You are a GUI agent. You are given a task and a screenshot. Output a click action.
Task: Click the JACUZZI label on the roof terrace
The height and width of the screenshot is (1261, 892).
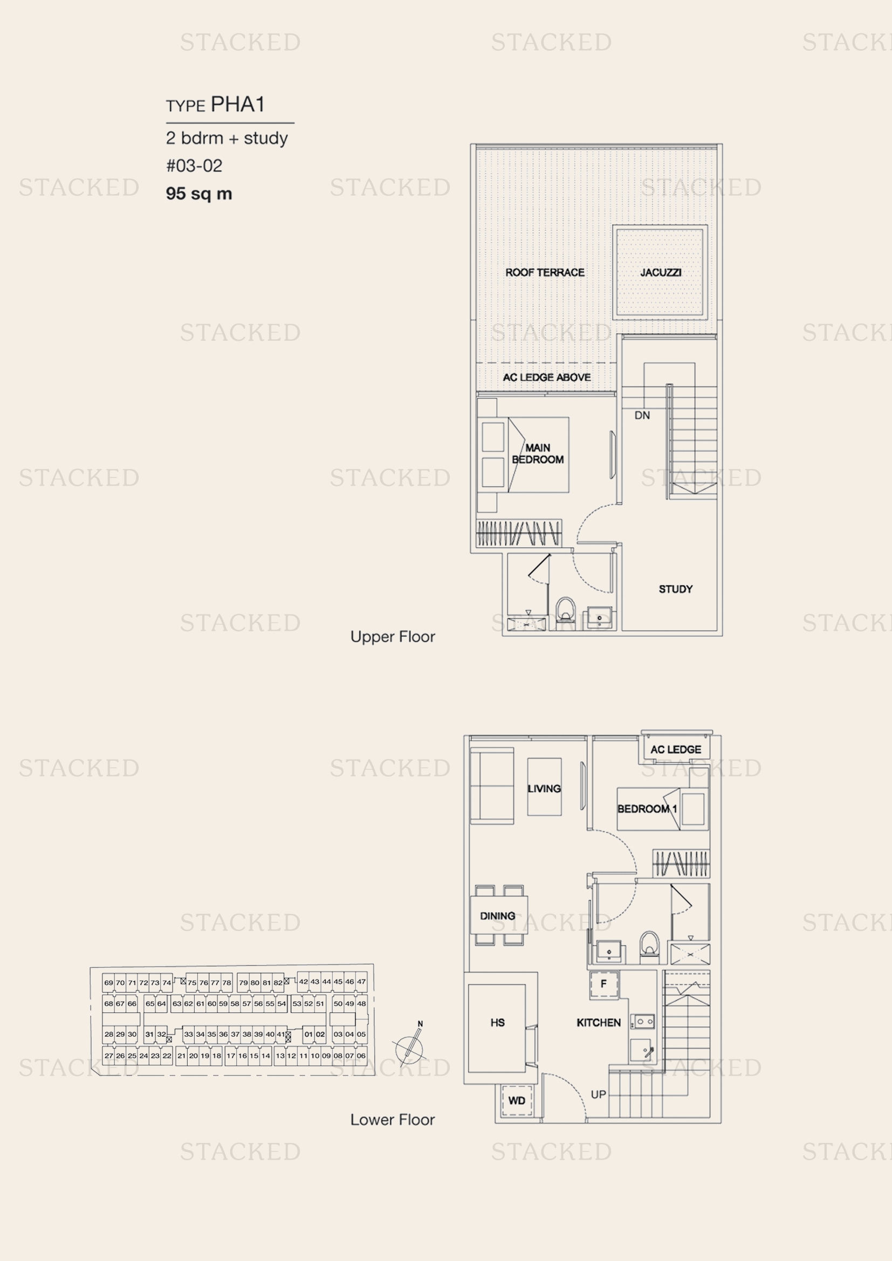click(661, 272)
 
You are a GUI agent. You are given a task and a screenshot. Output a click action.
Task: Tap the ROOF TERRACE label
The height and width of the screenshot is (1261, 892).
click(545, 272)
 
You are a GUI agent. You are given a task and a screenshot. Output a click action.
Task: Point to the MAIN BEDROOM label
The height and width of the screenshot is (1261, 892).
click(538, 453)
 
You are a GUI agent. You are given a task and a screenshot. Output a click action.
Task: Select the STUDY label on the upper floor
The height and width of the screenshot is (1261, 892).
click(676, 589)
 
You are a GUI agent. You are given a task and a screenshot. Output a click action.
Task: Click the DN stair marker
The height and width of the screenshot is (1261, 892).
click(642, 415)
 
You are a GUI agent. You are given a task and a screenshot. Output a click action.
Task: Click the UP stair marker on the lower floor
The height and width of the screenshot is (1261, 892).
click(598, 1094)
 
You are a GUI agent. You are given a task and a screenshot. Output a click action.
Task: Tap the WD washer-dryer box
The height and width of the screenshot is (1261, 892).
click(517, 1100)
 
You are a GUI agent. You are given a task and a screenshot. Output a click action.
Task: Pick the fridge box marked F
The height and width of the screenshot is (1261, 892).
click(603, 984)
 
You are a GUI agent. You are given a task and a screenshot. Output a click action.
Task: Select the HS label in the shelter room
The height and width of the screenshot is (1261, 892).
click(498, 1023)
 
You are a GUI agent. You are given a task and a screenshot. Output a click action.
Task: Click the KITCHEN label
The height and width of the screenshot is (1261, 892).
click(599, 1023)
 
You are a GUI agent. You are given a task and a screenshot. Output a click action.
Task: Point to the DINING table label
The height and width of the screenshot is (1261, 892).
click(498, 916)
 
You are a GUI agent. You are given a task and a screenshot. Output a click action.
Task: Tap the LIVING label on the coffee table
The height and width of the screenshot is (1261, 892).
click(544, 789)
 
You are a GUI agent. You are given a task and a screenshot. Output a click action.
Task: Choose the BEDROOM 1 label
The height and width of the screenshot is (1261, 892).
click(647, 809)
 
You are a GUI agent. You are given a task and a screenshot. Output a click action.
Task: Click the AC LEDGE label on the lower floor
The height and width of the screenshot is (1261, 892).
click(676, 750)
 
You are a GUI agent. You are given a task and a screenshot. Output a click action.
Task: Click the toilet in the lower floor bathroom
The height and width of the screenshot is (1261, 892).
click(650, 947)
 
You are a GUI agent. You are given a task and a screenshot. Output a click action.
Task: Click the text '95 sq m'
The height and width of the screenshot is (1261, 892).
click(199, 194)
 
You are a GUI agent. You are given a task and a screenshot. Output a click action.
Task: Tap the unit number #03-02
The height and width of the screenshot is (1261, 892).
click(194, 166)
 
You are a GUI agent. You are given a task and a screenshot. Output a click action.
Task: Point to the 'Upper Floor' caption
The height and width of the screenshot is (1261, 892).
click(393, 637)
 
